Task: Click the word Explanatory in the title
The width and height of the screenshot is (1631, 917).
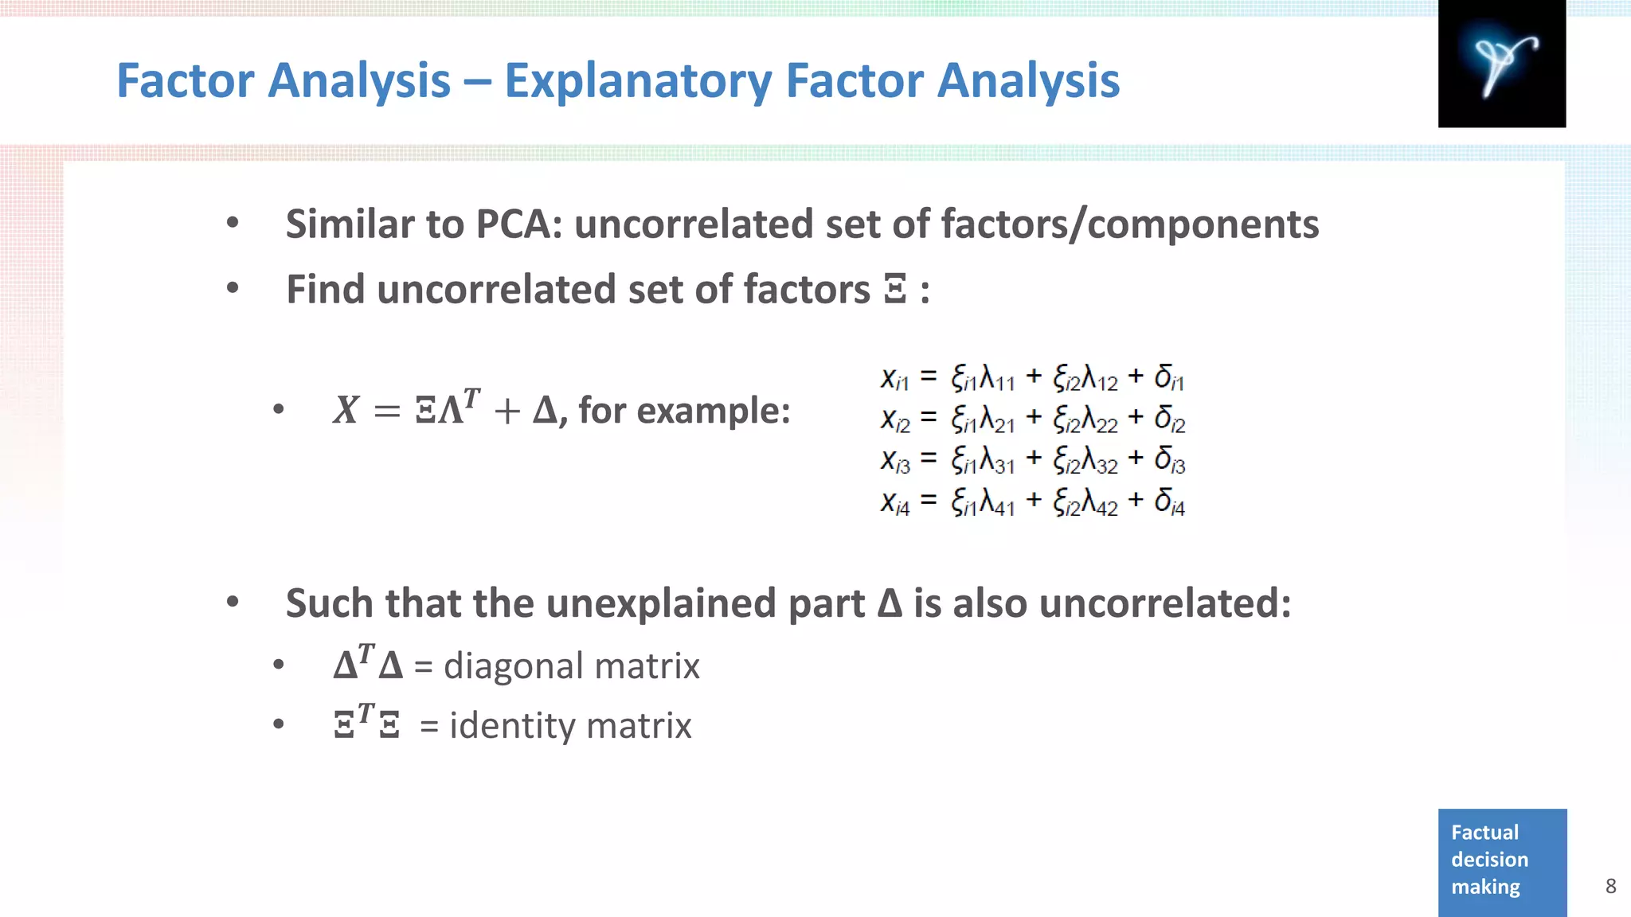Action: pyautogui.click(x=638, y=81)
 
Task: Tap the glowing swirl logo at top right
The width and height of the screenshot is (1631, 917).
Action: pyautogui.click(x=1501, y=64)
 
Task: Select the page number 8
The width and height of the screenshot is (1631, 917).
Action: pyautogui.click(x=1610, y=886)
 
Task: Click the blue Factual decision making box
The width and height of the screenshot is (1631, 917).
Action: pyautogui.click(x=1502, y=861)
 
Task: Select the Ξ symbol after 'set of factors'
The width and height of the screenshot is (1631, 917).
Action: pyautogui.click(x=895, y=290)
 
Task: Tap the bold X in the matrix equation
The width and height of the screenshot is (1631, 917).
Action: pyautogui.click(x=346, y=411)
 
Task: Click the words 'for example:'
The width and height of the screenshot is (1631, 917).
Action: pyautogui.click(x=684, y=411)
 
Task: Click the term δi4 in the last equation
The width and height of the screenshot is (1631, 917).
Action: pyautogui.click(x=1169, y=502)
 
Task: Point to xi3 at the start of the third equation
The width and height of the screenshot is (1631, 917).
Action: pyautogui.click(x=895, y=461)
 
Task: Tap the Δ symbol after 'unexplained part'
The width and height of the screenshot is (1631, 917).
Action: pyautogui.click(x=890, y=603)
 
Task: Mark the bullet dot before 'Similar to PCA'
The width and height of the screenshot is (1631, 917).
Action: pyautogui.click(x=233, y=223)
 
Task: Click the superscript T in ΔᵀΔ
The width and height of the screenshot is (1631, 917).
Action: pyautogui.click(x=366, y=654)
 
